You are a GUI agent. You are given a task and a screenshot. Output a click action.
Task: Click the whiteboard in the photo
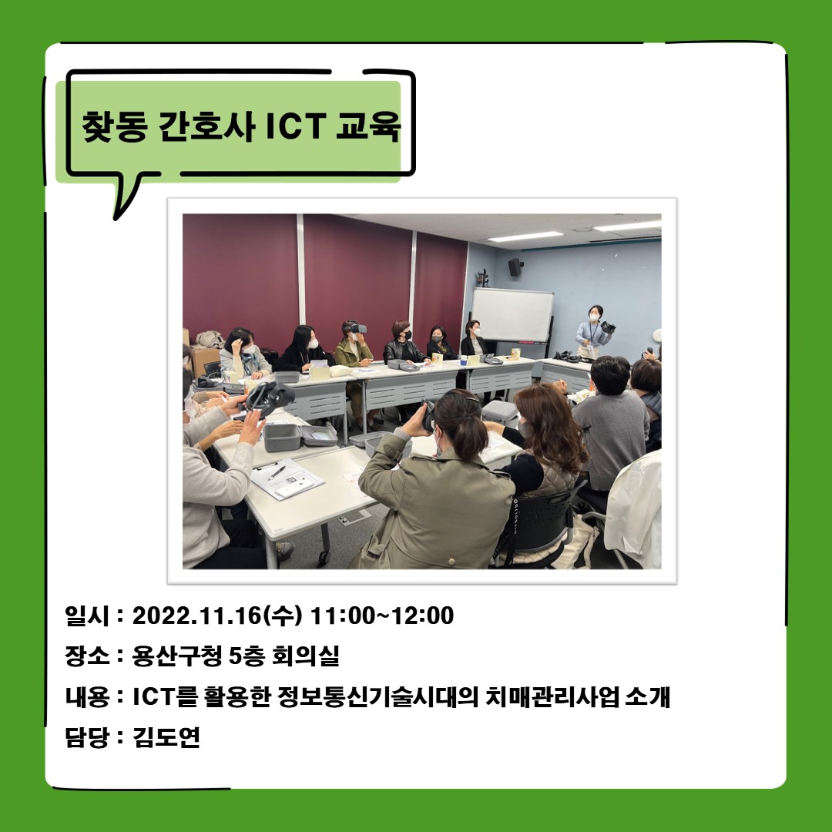[x=512, y=314]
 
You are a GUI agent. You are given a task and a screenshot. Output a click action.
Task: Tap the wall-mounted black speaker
[x=515, y=267]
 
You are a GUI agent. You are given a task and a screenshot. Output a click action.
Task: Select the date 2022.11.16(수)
[x=220, y=616]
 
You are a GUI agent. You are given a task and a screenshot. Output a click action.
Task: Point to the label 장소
[x=86, y=657]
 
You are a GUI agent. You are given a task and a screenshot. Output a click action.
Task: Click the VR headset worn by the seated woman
[x=354, y=328]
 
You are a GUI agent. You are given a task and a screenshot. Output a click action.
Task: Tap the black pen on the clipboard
[x=276, y=471]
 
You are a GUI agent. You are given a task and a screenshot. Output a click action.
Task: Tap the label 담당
[x=86, y=738]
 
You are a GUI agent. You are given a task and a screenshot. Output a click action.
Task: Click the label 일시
[x=86, y=616]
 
